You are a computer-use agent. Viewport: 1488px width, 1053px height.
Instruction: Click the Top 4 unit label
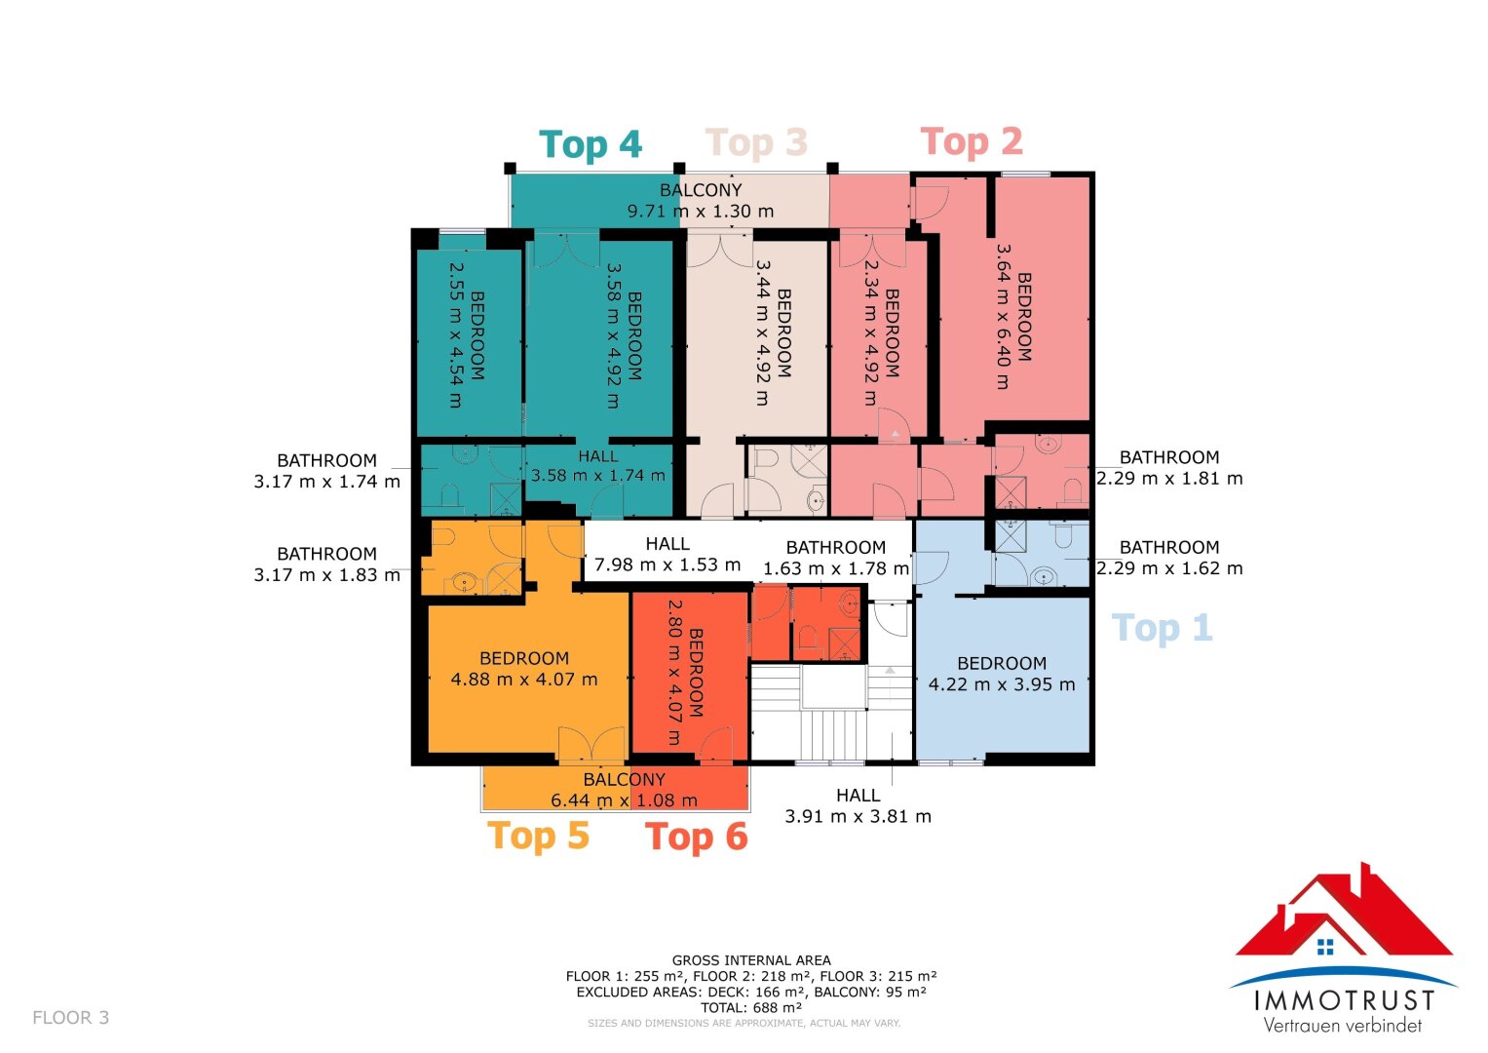tap(590, 144)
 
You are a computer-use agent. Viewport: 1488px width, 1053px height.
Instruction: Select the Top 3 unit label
tap(756, 142)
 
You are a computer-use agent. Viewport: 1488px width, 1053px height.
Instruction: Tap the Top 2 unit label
tap(972, 141)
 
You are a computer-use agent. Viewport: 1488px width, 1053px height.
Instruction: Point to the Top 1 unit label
tap(1163, 628)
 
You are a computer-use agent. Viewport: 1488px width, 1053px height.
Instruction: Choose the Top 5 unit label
tap(538, 836)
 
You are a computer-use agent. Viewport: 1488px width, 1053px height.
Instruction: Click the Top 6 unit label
tap(696, 837)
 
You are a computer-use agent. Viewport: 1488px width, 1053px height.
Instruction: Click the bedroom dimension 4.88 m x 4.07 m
tap(524, 680)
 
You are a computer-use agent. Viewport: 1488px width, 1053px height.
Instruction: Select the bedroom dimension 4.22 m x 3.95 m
tap(1002, 684)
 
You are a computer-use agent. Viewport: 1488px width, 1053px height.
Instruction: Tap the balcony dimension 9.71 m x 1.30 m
tap(701, 212)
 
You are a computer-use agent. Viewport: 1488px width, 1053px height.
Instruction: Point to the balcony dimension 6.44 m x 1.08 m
tap(624, 800)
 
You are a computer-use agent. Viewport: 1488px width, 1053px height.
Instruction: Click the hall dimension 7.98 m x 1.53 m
tap(667, 565)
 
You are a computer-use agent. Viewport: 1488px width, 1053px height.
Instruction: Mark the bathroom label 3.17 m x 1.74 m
tap(326, 471)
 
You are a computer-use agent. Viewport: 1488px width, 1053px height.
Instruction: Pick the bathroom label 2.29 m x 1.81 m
tap(1169, 468)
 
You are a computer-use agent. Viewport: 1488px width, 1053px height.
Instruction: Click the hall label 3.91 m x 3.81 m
tap(858, 805)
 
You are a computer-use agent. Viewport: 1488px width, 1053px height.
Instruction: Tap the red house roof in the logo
tap(1343, 910)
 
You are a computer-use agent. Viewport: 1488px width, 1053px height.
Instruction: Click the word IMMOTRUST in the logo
tap(1344, 1000)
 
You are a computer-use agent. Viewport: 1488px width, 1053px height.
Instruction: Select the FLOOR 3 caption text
tap(70, 1018)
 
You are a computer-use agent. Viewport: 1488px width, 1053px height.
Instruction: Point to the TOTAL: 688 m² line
tap(751, 1008)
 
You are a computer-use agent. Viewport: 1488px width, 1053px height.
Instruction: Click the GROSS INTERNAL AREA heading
tap(751, 960)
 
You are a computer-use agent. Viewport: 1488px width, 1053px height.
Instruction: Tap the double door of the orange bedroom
tap(591, 744)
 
